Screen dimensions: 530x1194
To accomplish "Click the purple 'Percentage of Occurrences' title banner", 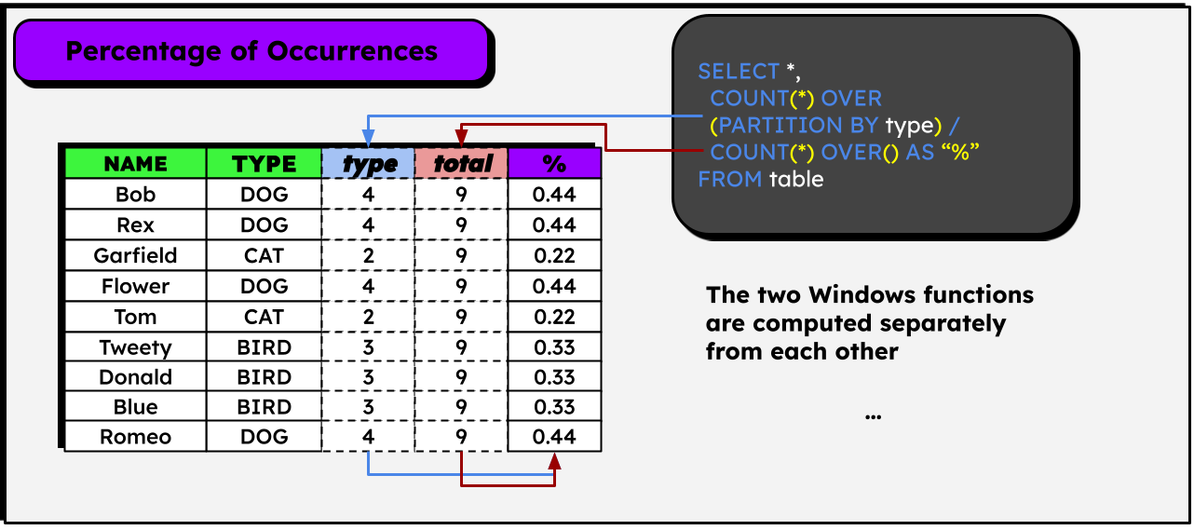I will tap(251, 50).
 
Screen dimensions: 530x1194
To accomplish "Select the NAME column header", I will tap(135, 164).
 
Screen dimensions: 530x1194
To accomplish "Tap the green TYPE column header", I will tap(264, 164).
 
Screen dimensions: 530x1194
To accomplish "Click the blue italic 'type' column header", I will tap(369, 164).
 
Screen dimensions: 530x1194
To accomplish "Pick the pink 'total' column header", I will tap(462, 164).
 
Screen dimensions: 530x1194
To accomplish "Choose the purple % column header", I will tap(554, 164).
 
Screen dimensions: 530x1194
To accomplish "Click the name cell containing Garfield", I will tap(135, 255).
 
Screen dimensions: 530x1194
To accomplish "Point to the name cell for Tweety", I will tap(135, 347).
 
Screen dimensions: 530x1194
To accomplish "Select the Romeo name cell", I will tap(135, 437).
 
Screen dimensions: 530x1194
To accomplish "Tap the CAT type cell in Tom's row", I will tap(264, 317).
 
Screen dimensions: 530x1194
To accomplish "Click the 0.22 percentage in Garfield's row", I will tap(554, 255).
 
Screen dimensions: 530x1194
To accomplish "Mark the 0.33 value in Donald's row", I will tap(554, 377).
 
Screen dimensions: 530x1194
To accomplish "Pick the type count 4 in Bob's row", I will tap(369, 195).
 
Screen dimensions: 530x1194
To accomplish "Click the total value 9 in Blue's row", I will tap(462, 407).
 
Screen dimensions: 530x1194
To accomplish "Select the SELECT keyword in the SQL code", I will tap(738, 72).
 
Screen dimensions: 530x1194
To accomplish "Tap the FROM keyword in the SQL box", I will tap(729, 179).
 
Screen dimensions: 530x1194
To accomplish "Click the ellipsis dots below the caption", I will tap(873, 415).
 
